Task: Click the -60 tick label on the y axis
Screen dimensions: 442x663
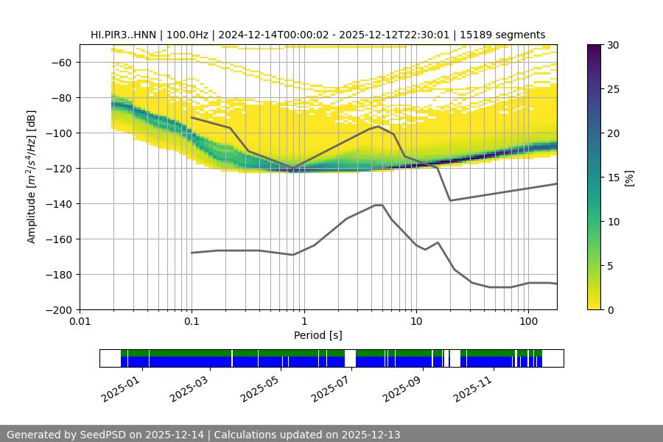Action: (60, 62)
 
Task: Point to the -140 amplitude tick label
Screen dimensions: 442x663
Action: (57, 203)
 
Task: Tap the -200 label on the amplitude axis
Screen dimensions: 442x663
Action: (57, 309)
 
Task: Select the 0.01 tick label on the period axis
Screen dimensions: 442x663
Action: (80, 322)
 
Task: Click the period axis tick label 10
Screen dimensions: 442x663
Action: (415, 322)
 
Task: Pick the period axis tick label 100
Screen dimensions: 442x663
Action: (527, 322)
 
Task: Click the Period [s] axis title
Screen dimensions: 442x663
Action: (318, 335)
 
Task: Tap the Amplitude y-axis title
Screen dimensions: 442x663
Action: (31, 177)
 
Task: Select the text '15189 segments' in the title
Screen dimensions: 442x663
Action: (508, 35)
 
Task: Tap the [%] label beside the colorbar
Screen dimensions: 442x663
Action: (630, 177)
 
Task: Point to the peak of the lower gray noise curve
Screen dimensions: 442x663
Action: (379, 205)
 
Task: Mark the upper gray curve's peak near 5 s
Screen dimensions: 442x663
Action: (379, 126)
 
